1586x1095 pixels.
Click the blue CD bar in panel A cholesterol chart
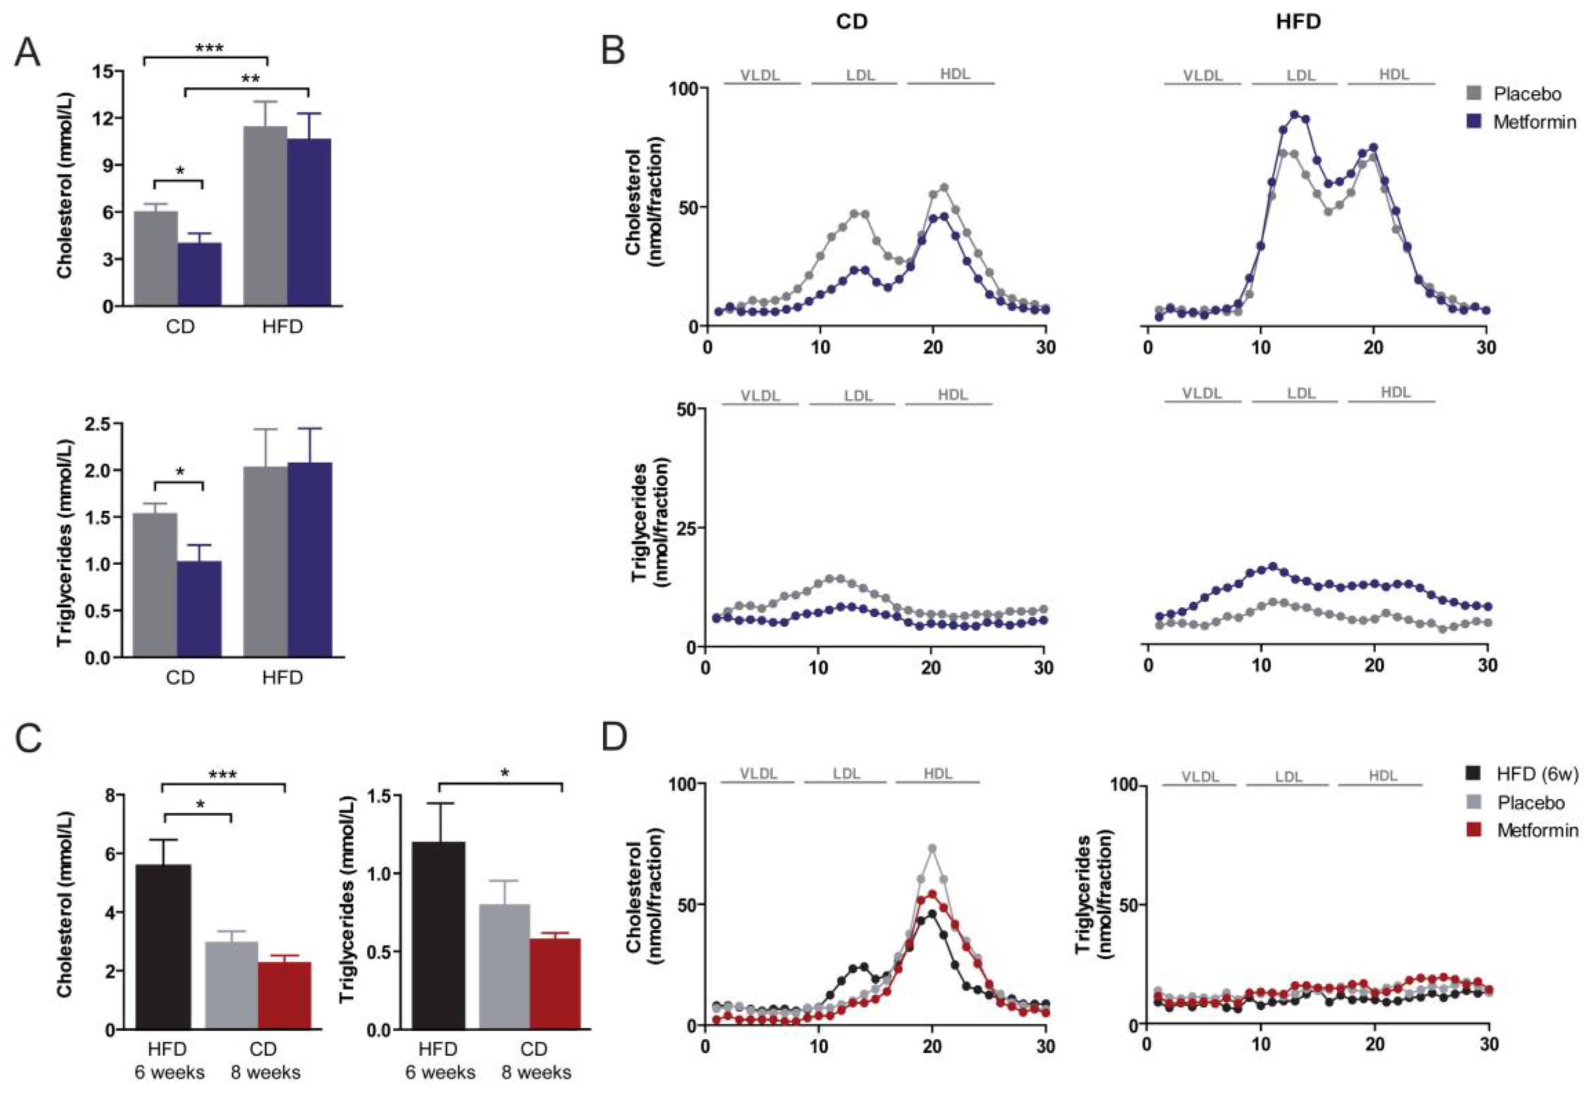point(199,274)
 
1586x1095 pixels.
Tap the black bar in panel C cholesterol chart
point(163,946)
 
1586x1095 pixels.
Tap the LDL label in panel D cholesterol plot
point(846,774)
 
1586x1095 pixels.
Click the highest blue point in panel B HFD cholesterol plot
point(1294,114)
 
